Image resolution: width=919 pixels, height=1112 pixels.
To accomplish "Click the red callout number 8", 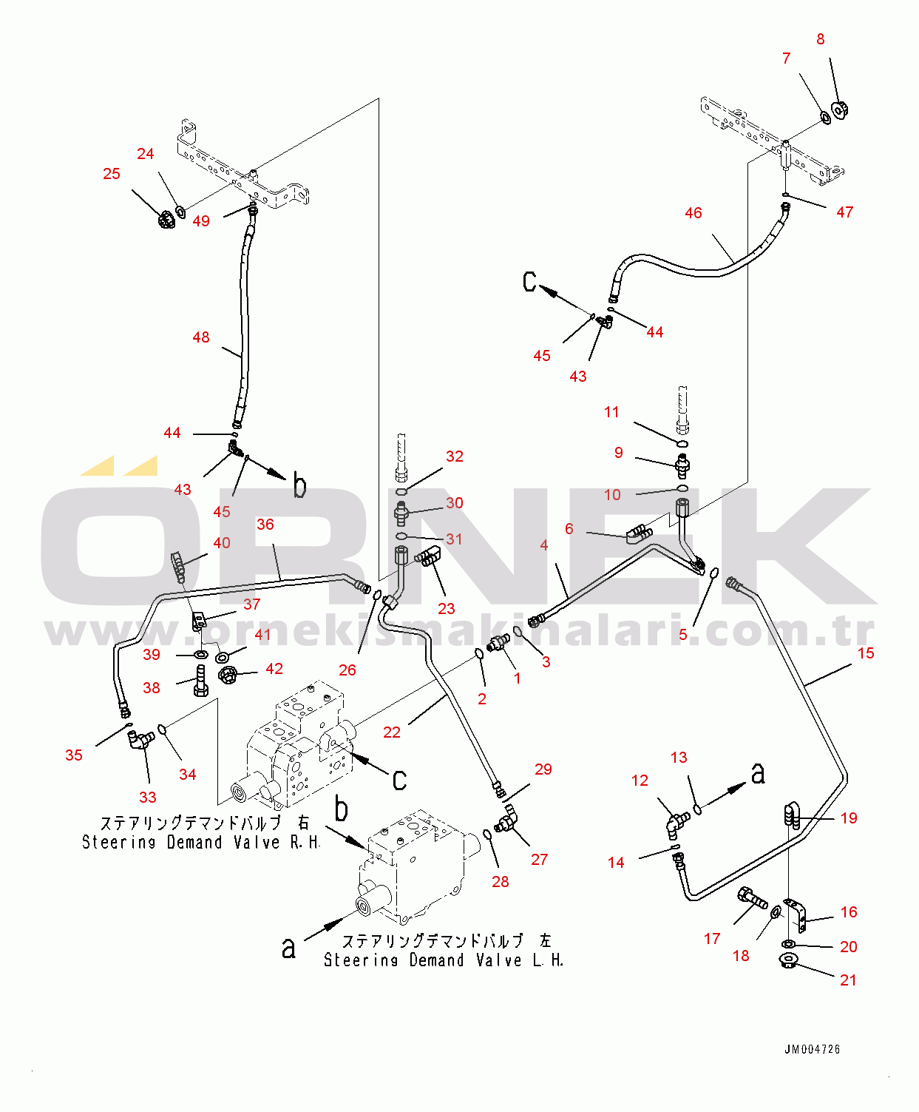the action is [820, 39].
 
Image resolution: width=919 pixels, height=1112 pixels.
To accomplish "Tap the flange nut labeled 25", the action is [166, 220].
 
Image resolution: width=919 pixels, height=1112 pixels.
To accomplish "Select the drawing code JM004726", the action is [812, 1049].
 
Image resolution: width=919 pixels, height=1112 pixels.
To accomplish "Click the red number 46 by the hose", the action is [693, 213].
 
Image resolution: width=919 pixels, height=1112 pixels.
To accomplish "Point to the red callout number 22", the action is [392, 732].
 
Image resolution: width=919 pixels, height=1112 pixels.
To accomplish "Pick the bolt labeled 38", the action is [200, 681].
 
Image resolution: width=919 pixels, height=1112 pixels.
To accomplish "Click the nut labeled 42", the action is [228, 675].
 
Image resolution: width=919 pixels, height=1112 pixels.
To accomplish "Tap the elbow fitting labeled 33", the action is [140, 740].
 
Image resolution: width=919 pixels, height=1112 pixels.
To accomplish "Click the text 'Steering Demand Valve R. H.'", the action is [201, 843].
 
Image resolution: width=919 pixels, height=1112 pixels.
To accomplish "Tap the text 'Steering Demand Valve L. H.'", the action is [444, 960].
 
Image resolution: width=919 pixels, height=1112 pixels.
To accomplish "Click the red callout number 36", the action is [265, 525].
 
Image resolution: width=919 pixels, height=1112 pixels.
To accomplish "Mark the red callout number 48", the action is [200, 337].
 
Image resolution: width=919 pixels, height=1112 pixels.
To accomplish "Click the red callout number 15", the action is [866, 653].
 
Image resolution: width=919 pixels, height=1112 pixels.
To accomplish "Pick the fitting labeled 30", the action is [401, 513].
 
